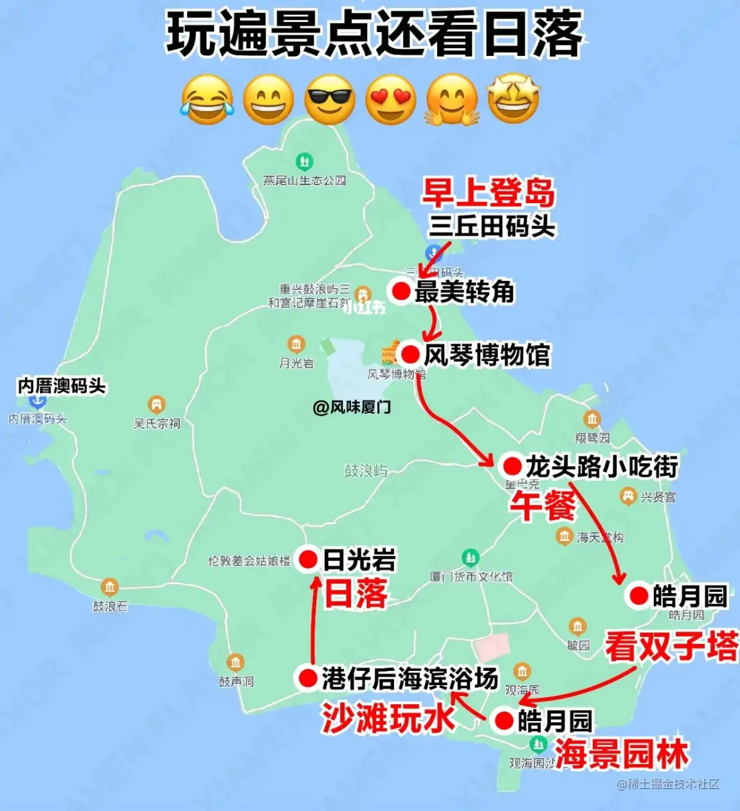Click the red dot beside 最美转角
coord(401,291)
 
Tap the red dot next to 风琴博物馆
coord(410,354)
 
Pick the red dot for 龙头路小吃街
coord(512,465)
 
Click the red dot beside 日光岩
coord(309,560)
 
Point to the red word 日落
coord(356,593)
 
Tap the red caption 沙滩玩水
coord(388,717)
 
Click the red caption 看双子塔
coord(671,646)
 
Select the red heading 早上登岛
coord(488,193)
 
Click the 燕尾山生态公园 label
coord(305,181)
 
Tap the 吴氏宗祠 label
coord(157,423)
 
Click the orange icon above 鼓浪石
coord(109,587)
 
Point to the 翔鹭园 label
coord(592,438)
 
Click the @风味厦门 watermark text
coord(352,407)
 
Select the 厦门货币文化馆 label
coord(471,576)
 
